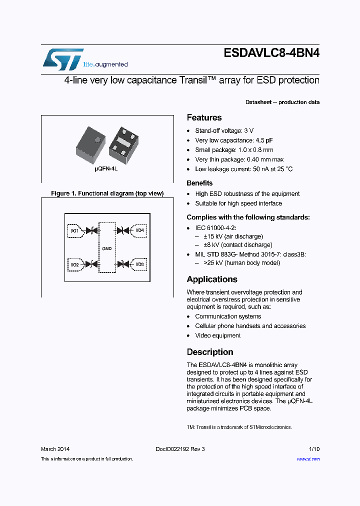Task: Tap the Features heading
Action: click(204, 117)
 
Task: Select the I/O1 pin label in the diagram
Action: click(74, 230)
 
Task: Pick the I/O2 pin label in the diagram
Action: click(74, 264)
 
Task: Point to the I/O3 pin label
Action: click(139, 264)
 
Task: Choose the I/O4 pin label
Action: click(139, 230)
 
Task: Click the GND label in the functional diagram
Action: click(106, 247)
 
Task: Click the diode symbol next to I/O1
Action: click(91, 230)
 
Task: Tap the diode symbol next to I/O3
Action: click(122, 264)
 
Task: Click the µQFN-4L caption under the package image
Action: click(106, 169)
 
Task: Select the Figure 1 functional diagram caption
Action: click(107, 193)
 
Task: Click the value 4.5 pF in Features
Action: click(264, 140)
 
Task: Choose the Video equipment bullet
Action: click(217, 335)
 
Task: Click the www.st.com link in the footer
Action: click(308, 458)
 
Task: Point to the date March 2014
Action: click(55, 449)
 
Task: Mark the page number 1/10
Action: click(314, 449)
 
